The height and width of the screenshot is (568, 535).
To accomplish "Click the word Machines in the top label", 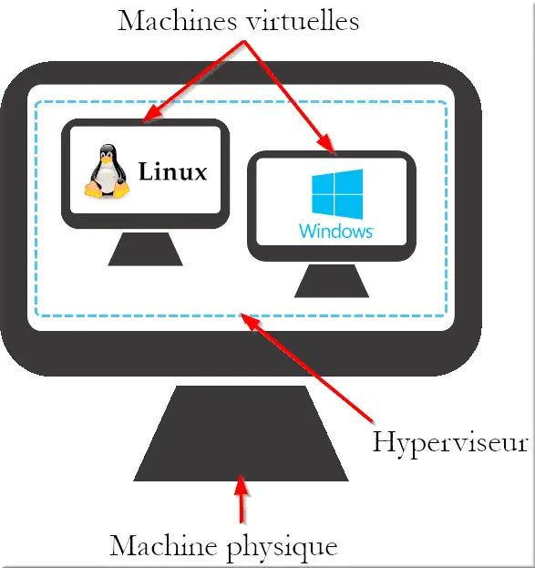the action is coord(178,21).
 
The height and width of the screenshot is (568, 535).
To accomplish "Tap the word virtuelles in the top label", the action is coord(303,21).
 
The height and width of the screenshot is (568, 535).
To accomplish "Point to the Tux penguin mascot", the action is coord(107,171).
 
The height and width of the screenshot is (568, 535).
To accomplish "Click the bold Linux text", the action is coord(173,171).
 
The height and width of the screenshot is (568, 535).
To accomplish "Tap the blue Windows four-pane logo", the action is coord(337,194).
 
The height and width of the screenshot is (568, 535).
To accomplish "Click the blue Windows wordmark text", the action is coord(336,231).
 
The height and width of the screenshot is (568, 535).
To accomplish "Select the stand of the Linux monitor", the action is coord(145,249).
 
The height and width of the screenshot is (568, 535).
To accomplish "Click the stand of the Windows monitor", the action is coord(332,281).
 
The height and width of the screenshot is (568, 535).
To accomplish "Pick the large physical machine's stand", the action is coord(241,433).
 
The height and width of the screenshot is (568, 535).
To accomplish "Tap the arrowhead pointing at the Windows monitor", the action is coord(326,143).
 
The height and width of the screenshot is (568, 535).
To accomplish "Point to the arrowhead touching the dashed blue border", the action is coord(250,321).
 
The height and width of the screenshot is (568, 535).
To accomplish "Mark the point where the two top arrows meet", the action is coord(243,41).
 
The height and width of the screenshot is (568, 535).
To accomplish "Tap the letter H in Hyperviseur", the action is coord(385,441).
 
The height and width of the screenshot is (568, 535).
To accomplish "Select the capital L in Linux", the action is coord(146,171).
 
